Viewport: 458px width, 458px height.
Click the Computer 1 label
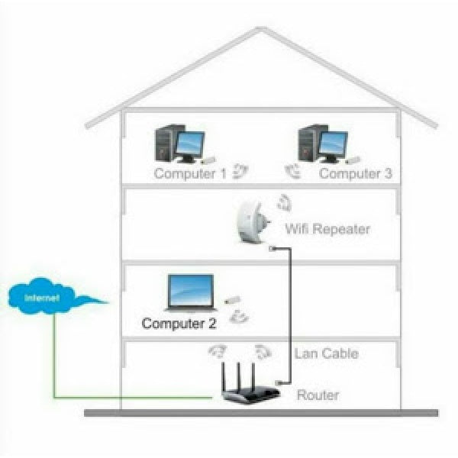(x=190, y=173)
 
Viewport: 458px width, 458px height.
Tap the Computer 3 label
(x=355, y=173)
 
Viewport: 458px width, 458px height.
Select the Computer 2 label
(x=179, y=323)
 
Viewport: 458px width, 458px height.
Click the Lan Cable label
(x=326, y=353)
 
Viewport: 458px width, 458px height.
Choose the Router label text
(x=318, y=395)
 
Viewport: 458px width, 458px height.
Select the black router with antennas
(x=246, y=391)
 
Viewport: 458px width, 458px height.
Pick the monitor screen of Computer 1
(x=190, y=143)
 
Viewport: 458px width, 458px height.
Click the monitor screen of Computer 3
(x=333, y=143)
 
